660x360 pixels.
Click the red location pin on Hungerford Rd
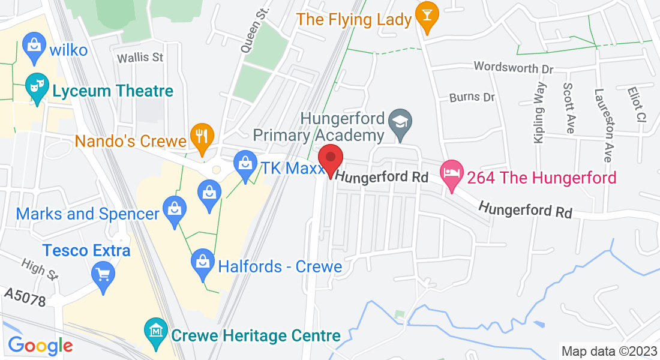click(330, 159)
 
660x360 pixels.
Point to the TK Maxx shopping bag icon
click(245, 164)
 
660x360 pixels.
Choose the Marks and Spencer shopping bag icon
click(175, 210)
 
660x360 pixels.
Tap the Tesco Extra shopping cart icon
click(103, 275)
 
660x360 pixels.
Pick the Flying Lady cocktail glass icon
click(427, 16)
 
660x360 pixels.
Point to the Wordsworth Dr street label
click(514, 67)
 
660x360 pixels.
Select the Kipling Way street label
click(539, 112)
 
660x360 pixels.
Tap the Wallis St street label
click(140, 58)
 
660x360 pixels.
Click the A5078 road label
click(25, 298)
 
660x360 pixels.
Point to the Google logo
click(40, 346)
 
